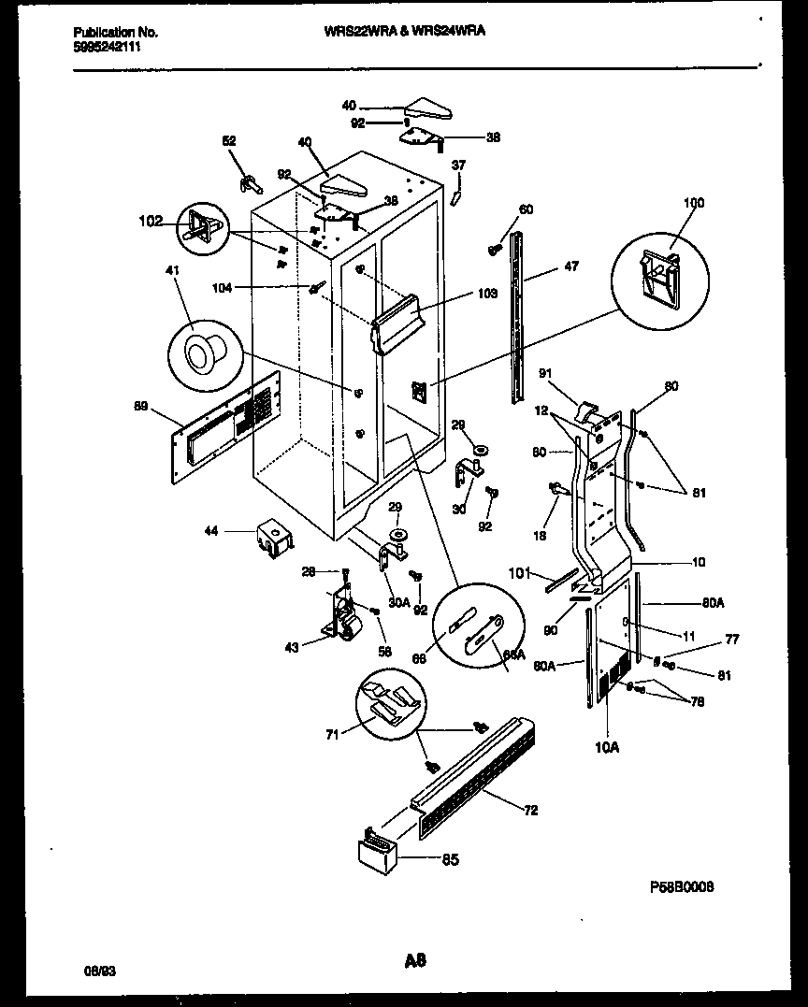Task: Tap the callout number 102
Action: [151, 222]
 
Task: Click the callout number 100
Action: [693, 203]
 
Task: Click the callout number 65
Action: [451, 859]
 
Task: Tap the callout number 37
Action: [458, 165]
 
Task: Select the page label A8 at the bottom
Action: [415, 959]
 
